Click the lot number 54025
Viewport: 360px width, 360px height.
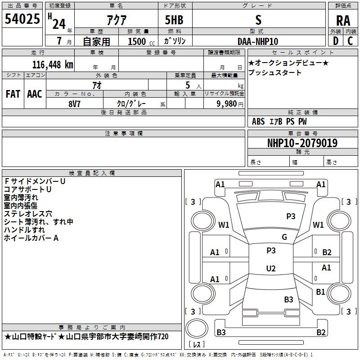(x=22, y=19)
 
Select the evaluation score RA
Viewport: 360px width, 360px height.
(x=343, y=21)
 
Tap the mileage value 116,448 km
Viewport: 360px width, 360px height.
(x=53, y=65)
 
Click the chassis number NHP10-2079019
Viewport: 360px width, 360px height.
(x=302, y=143)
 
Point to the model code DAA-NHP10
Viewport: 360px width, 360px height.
(x=258, y=41)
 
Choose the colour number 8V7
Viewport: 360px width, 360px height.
(x=74, y=104)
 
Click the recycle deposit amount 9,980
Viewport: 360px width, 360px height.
(x=227, y=104)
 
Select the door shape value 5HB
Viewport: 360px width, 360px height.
(x=174, y=20)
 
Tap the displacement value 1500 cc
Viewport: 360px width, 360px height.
(x=141, y=41)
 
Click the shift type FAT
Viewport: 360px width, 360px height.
(x=13, y=94)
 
